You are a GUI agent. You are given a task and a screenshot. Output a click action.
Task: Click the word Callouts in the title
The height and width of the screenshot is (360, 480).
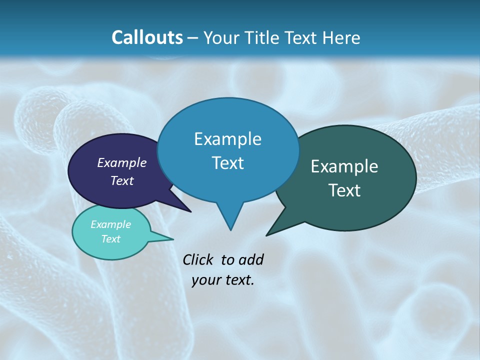click(147, 37)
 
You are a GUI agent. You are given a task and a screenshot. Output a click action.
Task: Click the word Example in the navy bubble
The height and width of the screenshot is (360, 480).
click(122, 162)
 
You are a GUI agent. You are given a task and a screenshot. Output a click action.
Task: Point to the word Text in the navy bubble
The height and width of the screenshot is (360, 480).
click(122, 180)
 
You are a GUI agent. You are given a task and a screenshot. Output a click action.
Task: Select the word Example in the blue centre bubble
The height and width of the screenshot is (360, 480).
click(228, 139)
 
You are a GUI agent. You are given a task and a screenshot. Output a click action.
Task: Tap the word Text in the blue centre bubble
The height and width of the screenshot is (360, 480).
click(228, 163)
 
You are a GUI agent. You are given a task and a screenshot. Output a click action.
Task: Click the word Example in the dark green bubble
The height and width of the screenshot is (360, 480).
click(344, 166)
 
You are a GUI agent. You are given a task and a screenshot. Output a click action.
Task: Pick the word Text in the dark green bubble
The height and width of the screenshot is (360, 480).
click(344, 190)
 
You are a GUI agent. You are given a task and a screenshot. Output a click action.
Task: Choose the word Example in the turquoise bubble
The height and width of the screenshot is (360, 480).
click(111, 224)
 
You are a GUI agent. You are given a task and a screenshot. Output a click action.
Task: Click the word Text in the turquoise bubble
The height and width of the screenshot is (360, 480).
click(111, 239)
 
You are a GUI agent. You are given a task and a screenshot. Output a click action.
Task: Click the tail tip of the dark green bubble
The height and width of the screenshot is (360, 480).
click(267, 234)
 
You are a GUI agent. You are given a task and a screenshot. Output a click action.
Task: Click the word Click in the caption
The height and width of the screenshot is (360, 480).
click(197, 259)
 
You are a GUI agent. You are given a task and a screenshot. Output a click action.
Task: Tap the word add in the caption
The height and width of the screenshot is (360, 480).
click(251, 259)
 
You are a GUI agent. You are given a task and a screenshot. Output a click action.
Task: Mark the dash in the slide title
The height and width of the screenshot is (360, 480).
click(193, 38)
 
